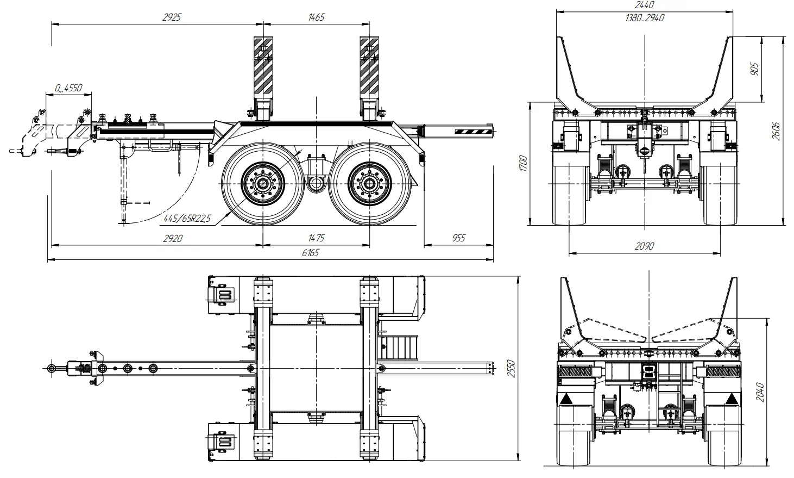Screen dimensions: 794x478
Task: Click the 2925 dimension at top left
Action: (172, 17)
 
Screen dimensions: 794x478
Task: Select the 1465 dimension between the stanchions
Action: (316, 17)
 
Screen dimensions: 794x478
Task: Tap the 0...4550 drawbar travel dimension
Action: (68, 88)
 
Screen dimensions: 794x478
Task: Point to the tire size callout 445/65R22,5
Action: (187, 218)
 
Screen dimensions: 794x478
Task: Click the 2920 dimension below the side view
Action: (173, 239)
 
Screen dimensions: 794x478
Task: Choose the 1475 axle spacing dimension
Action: (316, 238)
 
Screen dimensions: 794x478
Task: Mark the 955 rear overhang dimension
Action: (459, 238)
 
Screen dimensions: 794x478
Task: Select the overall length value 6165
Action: (311, 253)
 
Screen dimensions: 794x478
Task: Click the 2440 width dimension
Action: (645, 4)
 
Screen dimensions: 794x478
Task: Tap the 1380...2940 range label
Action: (645, 18)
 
